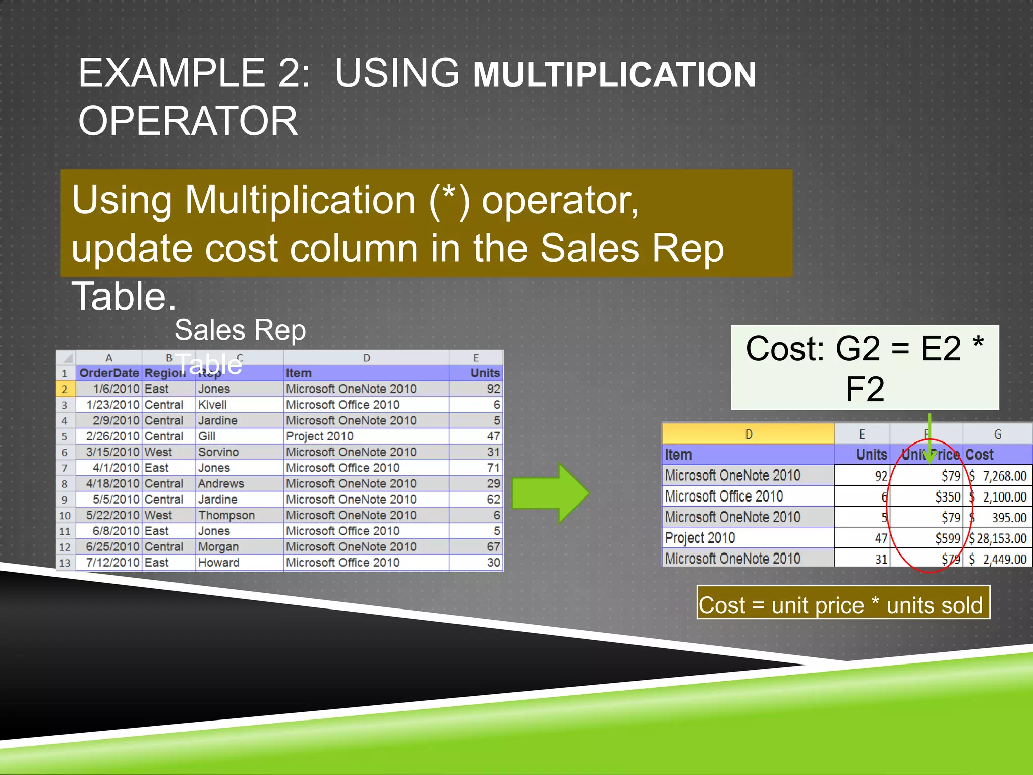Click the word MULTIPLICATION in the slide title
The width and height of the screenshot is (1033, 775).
[614, 75]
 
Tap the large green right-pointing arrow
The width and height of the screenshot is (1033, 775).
[550, 493]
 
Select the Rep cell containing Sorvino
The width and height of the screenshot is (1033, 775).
[218, 452]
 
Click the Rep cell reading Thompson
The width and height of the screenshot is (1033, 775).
[226, 515]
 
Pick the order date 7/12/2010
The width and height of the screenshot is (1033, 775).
[112, 563]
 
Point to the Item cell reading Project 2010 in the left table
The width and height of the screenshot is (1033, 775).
[319, 436]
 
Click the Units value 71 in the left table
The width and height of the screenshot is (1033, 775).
[493, 468]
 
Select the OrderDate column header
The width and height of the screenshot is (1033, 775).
[109, 373]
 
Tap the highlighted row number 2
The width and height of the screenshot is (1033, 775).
[65, 389]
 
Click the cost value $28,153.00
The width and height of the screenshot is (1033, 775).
[997, 538]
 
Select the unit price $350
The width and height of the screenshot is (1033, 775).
[947, 497]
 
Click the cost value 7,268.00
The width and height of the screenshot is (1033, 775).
[1004, 476]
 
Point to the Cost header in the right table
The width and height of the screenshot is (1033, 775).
[979, 455]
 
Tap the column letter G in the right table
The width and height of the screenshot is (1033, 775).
[997, 434]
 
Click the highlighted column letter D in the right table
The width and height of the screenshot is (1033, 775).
[749, 434]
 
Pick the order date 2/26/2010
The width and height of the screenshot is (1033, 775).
[112, 436]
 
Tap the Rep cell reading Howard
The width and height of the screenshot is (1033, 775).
[218, 563]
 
